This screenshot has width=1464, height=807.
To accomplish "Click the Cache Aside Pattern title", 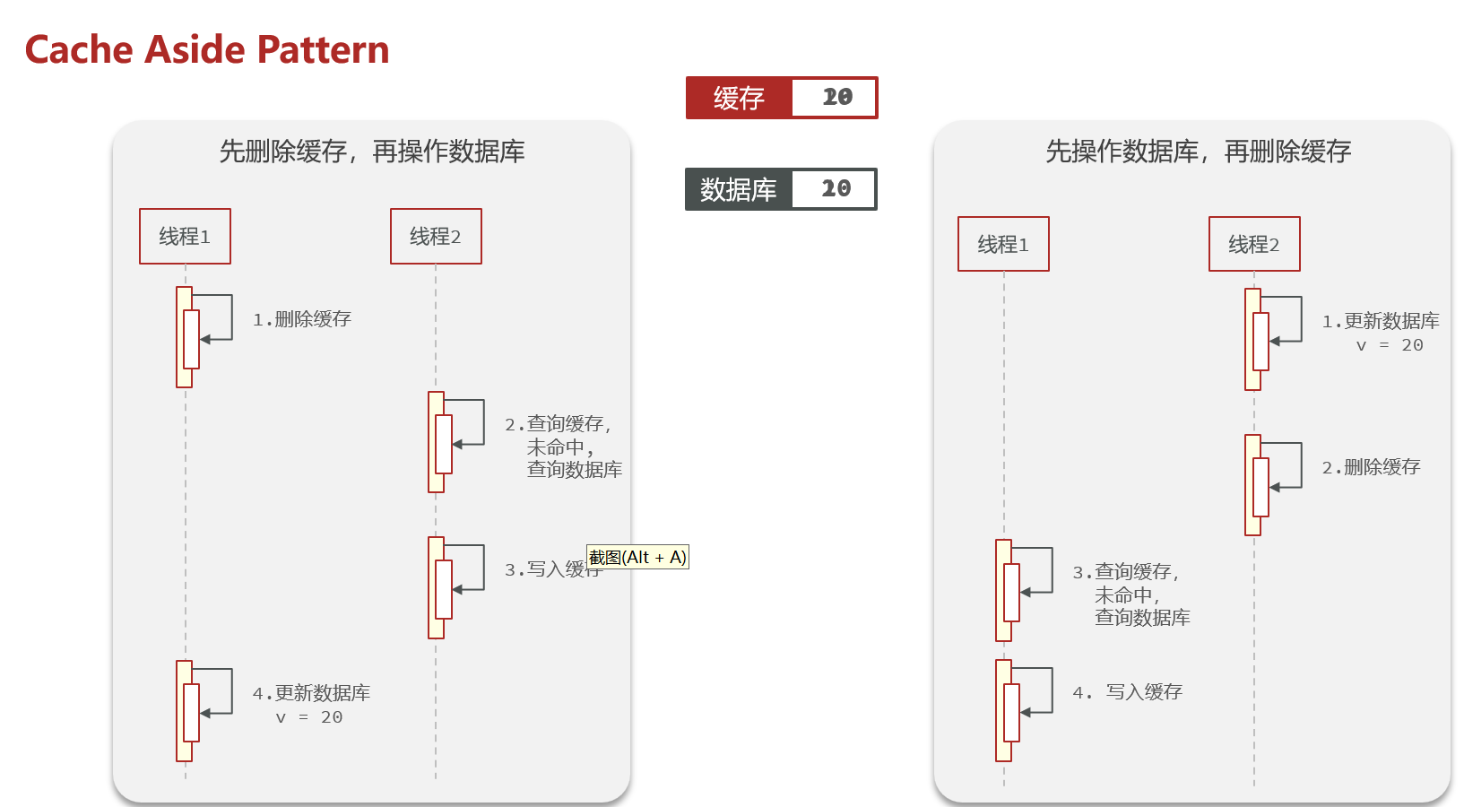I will click(207, 50).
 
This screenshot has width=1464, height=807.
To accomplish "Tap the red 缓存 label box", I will click(739, 98).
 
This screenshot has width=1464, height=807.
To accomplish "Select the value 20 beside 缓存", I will click(836, 98).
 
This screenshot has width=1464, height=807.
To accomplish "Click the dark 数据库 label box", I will click(738, 189).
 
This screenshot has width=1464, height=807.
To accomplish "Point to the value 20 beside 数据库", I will click(836, 189).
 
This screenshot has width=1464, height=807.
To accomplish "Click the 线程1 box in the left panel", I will click(185, 237).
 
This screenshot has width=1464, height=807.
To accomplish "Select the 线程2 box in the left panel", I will click(436, 237).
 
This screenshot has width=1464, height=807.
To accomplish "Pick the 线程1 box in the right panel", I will click(1003, 244).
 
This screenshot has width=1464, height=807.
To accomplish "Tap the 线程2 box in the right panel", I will click(1254, 244).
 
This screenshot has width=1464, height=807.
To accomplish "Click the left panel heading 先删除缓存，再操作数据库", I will click(372, 152).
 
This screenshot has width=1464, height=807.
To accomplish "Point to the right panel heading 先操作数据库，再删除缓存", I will click(1198, 152).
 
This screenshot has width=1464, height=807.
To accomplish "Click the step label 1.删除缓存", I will click(302, 319).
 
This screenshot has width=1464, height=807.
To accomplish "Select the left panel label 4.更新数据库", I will click(311, 693).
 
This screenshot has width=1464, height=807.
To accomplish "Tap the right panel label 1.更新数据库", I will click(1381, 321).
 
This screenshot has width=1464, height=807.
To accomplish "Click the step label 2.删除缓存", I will click(1372, 467).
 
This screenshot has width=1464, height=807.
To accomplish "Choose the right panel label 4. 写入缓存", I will click(1128, 692).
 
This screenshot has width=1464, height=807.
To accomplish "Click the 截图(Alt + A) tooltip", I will click(637, 558).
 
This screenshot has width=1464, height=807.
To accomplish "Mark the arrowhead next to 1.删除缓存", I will click(205, 340).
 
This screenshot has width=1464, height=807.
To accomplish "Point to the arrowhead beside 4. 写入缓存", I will click(1026, 713).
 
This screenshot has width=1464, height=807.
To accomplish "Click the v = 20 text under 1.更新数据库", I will click(1389, 346).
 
